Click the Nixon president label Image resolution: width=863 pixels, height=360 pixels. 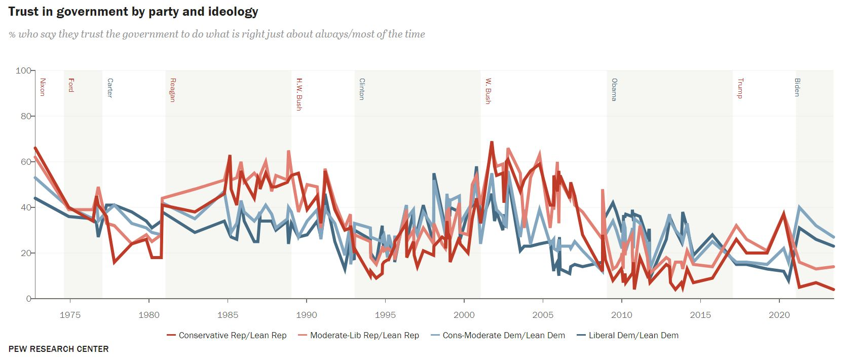43,87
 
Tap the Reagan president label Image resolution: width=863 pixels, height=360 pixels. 172,90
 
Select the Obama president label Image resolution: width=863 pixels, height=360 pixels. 614,89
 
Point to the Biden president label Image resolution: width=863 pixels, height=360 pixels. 797,87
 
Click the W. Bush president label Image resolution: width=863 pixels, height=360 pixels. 488,91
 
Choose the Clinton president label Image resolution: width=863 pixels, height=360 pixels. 361,89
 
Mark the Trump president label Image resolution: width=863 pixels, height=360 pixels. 740,88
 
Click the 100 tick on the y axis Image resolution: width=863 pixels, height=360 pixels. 23,70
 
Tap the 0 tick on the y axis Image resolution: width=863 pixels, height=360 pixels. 28,299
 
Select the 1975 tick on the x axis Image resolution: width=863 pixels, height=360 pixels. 70,315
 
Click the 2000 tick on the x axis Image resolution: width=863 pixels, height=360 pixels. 464,315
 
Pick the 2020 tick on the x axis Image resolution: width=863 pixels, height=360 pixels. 779,315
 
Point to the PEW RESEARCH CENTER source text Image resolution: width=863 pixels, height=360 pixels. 58,349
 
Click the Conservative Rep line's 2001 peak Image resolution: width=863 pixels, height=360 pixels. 492,142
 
